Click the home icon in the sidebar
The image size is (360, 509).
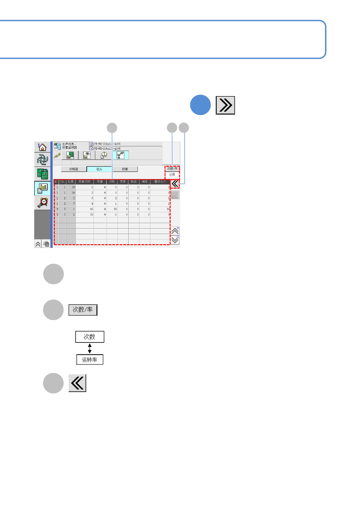(x=42, y=147)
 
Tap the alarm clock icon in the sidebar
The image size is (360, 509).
(x=42, y=202)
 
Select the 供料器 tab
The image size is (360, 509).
(x=74, y=169)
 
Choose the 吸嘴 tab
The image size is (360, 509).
(x=125, y=169)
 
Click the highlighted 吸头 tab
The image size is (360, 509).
(x=99, y=169)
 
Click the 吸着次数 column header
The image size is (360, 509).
(x=84, y=182)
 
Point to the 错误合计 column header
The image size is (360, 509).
(x=160, y=182)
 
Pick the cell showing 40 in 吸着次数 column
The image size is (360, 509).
(x=85, y=209)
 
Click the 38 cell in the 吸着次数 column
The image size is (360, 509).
(x=85, y=215)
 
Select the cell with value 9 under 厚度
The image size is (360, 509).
(x=123, y=215)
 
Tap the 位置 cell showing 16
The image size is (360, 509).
(x=71, y=193)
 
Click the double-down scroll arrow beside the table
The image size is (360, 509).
(x=175, y=240)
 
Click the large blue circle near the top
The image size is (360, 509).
(x=200, y=105)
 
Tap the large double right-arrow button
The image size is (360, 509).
(x=225, y=105)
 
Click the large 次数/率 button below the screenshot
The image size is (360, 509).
(x=83, y=310)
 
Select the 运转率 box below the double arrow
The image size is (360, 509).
(x=90, y=360)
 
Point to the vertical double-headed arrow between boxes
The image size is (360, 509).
(x=90, y=348)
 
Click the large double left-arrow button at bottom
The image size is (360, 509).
(x=77, y=383)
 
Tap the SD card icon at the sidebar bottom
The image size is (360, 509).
(x=46, y=244)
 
